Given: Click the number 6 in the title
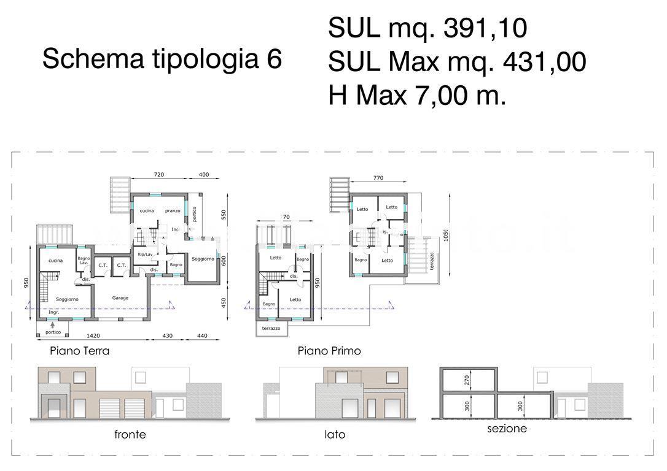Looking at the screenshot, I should (x=274, y=59).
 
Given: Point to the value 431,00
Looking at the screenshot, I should (x=544, y=62).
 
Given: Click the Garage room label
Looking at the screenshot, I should (x=120, y=298).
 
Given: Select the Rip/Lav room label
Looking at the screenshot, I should (x=145, y=254).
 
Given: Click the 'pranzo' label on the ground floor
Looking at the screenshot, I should (x=173, y=211).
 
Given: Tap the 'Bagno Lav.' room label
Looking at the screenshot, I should (x=84, y=261).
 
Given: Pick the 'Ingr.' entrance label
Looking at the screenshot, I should (x=45, y=312).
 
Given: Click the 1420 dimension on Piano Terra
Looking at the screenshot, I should (x=93, y=337).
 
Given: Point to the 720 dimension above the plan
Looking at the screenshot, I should (x=158, y=175).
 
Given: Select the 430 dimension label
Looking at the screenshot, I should (x=167, y=337).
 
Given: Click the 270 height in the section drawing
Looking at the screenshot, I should (x=466, y=380).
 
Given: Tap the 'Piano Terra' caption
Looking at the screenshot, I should (x=80, y=351).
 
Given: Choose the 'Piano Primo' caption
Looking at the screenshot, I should (x=329, y=351).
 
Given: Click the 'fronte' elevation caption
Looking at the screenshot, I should (x=130, y=435).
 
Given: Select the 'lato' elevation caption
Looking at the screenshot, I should (x=335, y=435).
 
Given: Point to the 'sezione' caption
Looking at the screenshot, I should (x=507, y=429).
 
